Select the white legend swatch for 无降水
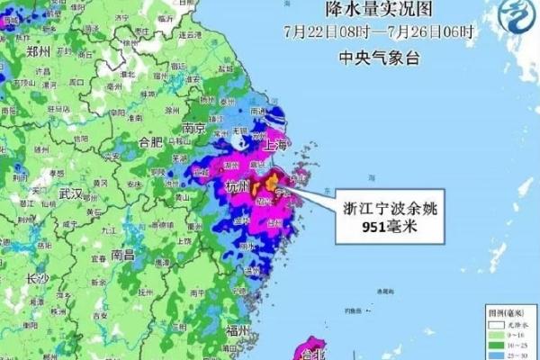(x=490, y=324)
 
